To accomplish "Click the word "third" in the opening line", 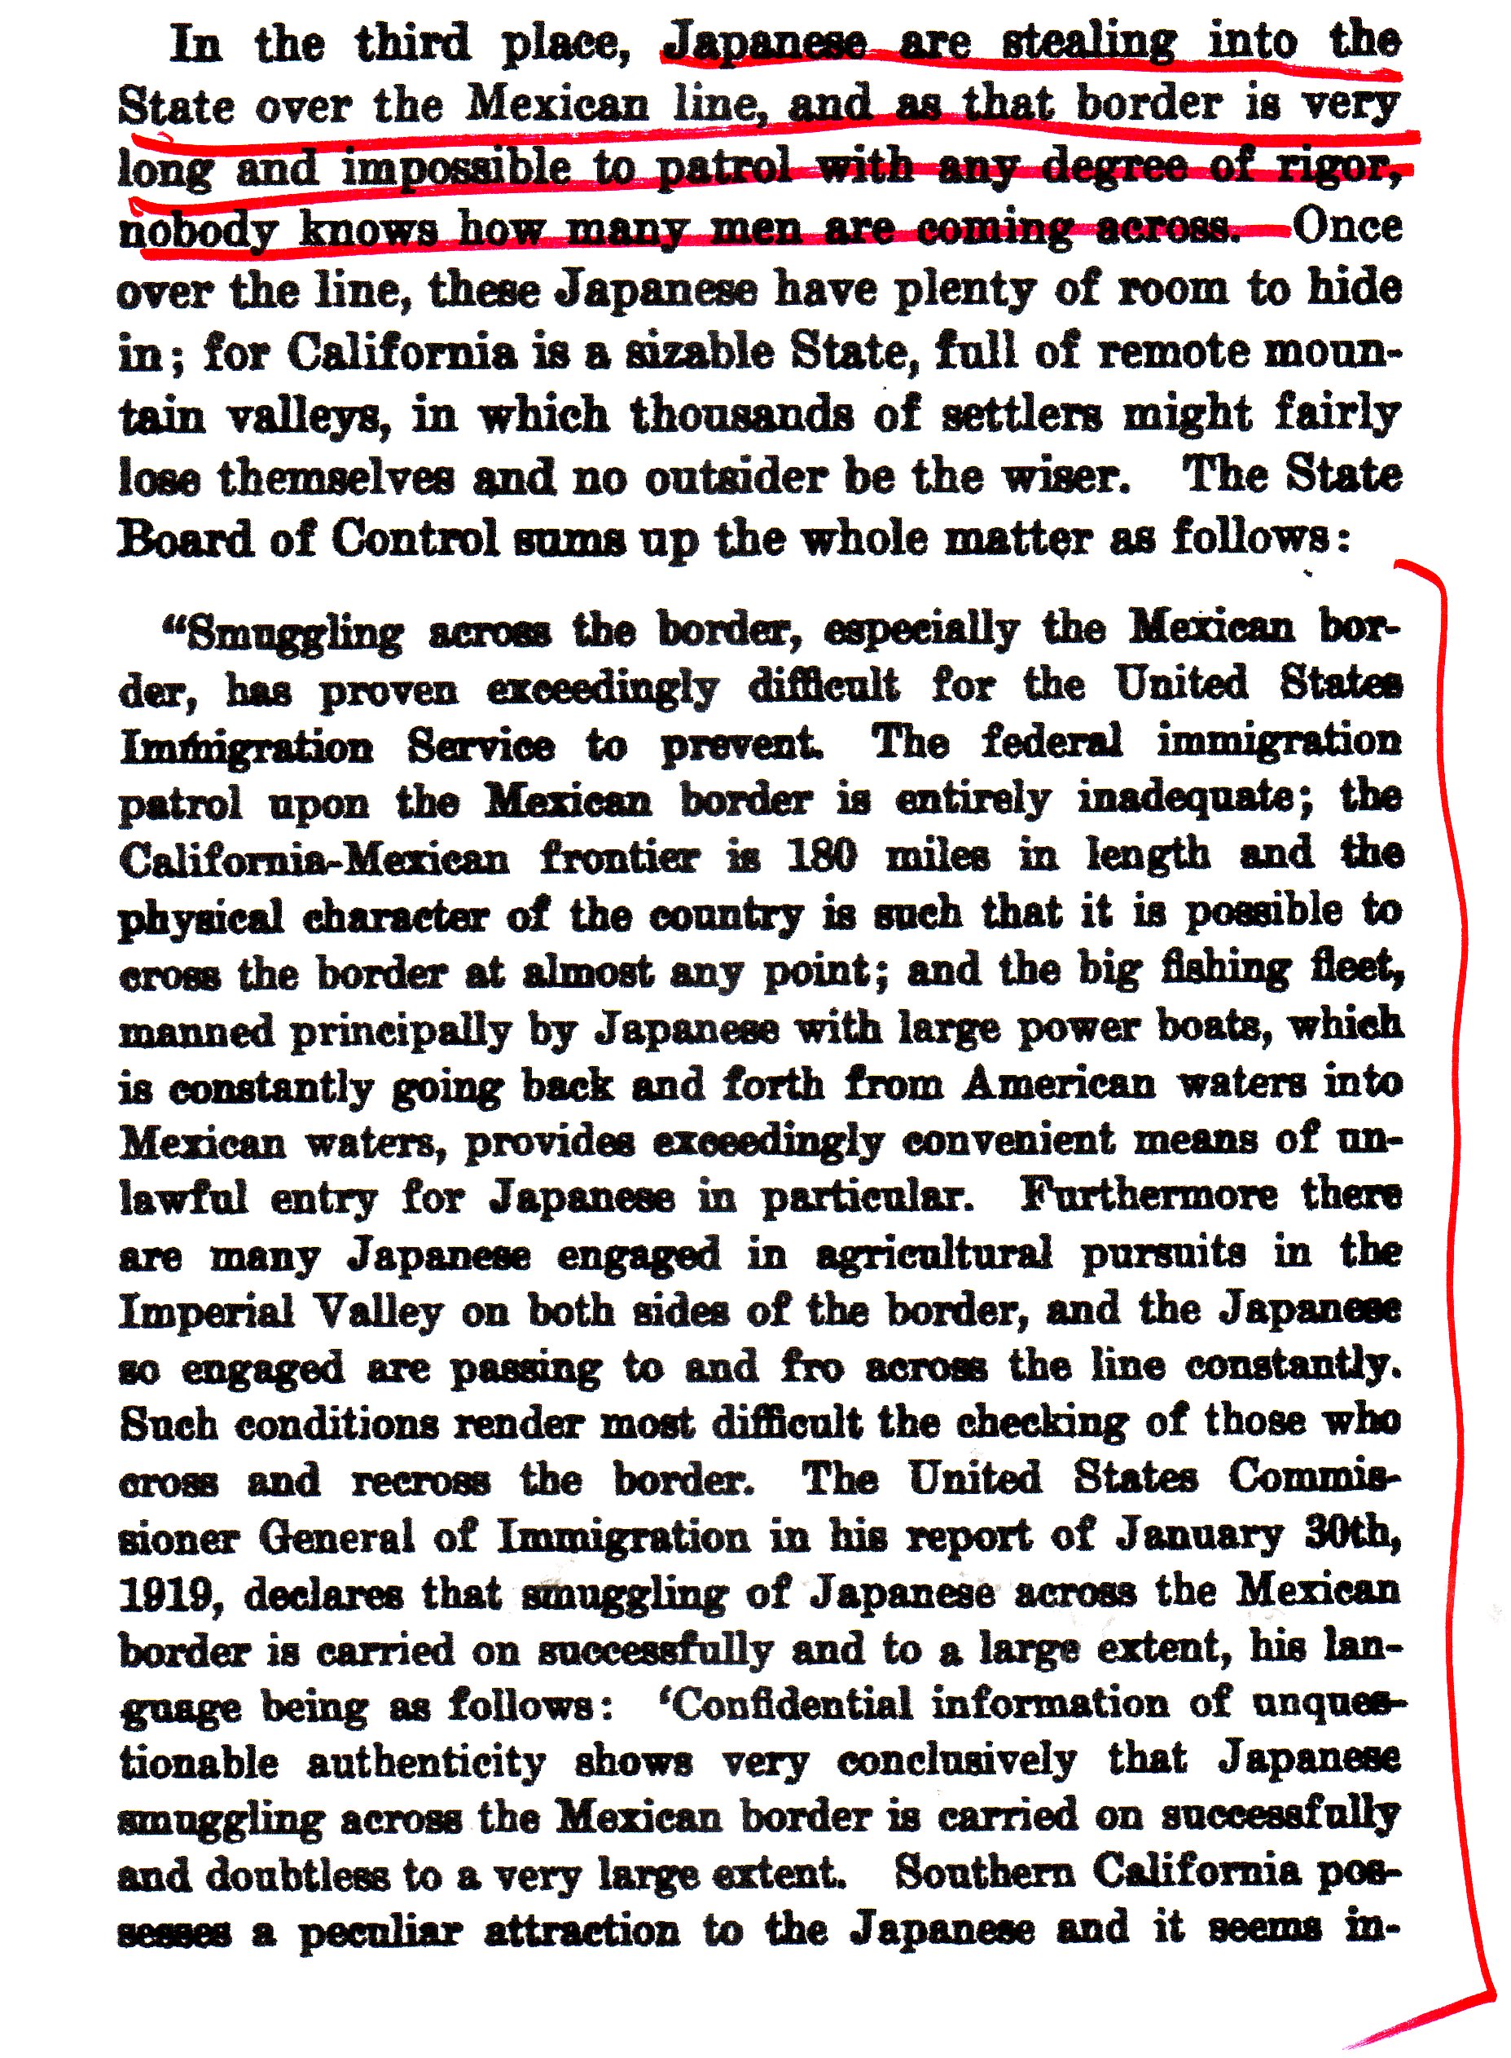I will pyautogui.click(x=414, y=44).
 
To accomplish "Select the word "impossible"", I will pyautogui.click(x=457, y=169).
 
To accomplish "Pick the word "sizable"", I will pyautogui.click(x=699, y=353).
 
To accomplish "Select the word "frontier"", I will pyautogui.click(x=619, y=858).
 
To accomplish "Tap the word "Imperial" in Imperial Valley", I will pyautogui.click(x=207, y=1312).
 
